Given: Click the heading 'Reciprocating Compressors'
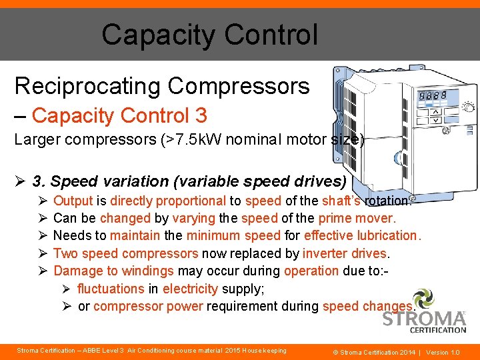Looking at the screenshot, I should (162, 86).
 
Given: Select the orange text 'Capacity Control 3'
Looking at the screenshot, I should (119, 115).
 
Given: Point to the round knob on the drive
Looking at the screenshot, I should (468, 107).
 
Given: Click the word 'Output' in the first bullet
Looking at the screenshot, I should (73, 201).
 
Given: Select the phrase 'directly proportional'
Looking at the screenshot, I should (168, 201).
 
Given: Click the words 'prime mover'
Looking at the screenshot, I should (356, 218).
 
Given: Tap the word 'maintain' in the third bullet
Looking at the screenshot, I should (135, 235).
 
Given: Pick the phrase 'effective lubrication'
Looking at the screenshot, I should (361, 235).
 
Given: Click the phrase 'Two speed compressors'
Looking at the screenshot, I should (125, 253).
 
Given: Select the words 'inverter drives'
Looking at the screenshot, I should (345, 253).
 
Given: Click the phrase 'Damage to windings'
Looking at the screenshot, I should (113, 271).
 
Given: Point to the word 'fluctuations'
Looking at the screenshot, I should (111, 289).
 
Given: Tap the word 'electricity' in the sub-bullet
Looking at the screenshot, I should (190, 289).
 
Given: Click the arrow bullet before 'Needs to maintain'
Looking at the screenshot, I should (41, 235).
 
